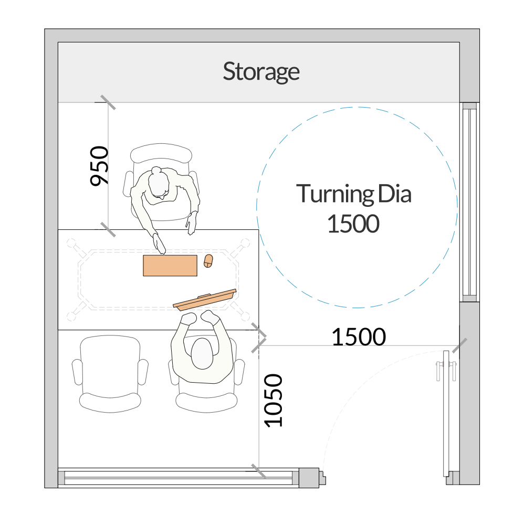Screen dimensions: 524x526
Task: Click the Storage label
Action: (x=261, y=71)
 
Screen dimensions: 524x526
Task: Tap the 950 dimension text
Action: (x=99, y=166)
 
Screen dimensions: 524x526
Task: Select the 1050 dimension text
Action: (x=273, y=401)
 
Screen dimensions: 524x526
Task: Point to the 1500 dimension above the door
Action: (x=359, y=337)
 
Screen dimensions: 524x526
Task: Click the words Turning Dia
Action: (x=353, y=194)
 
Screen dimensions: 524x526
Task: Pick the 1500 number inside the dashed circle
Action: (x=353, y=224)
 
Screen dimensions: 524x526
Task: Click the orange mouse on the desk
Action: (x=208, y=261)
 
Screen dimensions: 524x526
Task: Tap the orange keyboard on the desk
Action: (x=170, y=266)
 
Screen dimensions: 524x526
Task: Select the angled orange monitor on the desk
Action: (x=205, y=300)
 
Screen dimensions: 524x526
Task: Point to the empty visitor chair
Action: (x=110, y=374)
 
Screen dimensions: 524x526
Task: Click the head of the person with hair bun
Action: (x=159, y=183)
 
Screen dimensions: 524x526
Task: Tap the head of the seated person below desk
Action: (x=202, y=354)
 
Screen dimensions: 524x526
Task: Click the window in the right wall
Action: (x=469, y=202)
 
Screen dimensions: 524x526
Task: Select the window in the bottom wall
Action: (x=179, y=478)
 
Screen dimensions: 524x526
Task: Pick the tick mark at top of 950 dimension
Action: (x=108, y=102)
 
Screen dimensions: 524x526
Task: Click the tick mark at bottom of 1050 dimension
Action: (x=259, y=471)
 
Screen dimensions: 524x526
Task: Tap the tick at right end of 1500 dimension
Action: (x=459, y=345)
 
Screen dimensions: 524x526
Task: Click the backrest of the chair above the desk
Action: (x=161, y=154)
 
